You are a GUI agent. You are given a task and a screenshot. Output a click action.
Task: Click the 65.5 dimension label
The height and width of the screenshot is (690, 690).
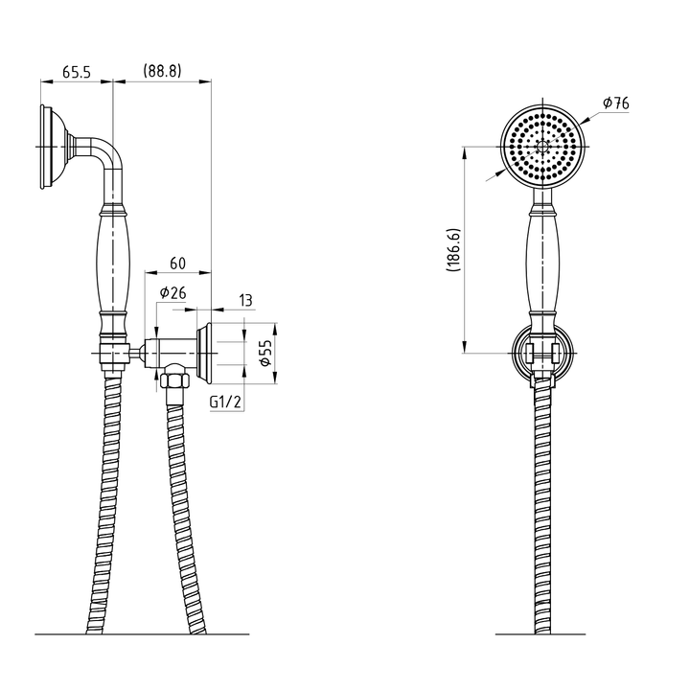tap(78, 72)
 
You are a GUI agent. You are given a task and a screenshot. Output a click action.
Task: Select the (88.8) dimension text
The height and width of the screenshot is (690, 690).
tap(162, 72)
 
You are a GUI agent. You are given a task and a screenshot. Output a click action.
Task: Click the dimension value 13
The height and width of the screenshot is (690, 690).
tap(245, 301)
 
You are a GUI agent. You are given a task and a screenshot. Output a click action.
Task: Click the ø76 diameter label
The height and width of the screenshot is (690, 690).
tap(615, 103)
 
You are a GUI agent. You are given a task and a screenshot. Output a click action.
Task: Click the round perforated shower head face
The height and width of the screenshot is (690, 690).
tap(542, 148)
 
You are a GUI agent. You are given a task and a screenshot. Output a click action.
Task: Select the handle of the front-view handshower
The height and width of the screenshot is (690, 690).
tap(542, 259)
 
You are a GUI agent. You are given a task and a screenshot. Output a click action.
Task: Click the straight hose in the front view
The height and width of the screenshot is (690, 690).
tap(542, 508)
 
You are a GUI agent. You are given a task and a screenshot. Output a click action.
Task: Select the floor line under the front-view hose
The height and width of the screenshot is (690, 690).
tap(542, 634)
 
